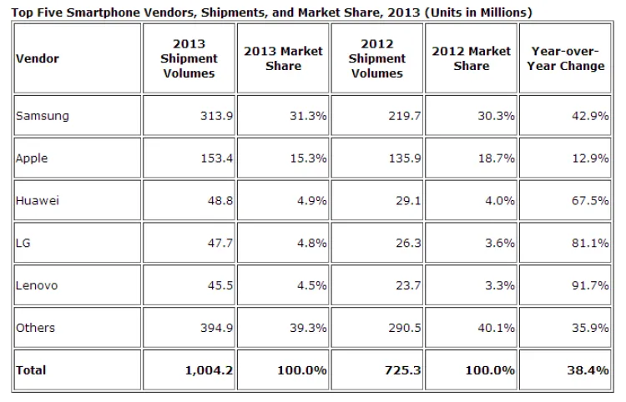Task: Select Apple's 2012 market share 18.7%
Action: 496,158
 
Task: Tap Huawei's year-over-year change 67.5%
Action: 590,201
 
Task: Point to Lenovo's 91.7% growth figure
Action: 590,285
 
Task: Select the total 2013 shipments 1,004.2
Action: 205,369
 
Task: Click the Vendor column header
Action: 37,59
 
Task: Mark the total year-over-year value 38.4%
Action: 589,369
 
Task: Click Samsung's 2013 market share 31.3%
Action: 309,116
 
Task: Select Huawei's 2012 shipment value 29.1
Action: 402,201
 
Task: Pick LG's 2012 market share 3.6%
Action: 498,243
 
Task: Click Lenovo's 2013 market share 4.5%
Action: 312,285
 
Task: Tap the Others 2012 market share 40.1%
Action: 496,328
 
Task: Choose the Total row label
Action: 32,369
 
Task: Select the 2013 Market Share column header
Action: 283,58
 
